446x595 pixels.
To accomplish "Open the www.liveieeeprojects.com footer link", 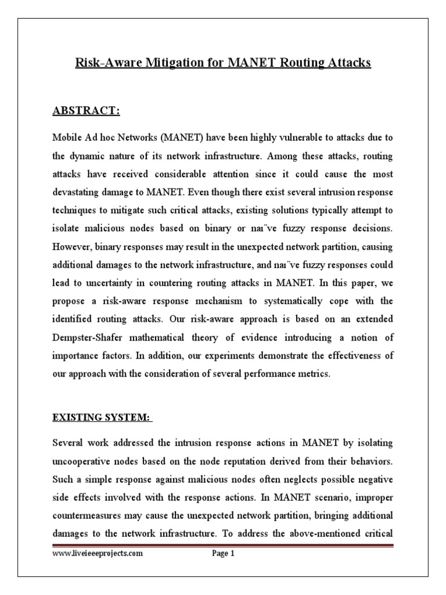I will (x=98, y=554).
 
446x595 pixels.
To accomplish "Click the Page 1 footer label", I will (x=222, y=554).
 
